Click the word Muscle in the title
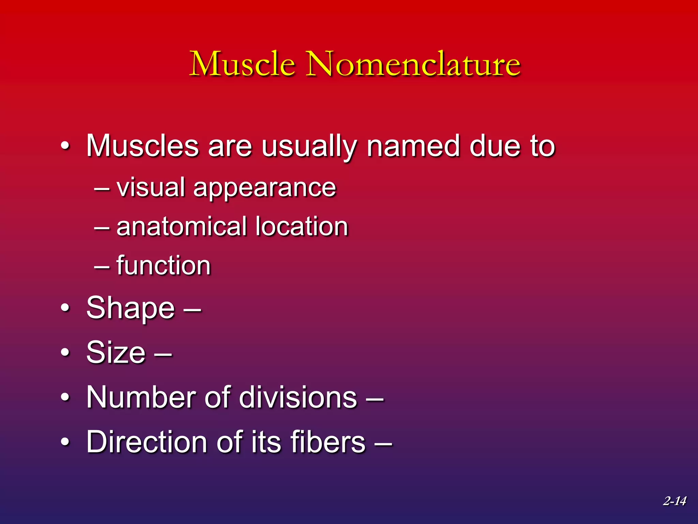pos(242,64)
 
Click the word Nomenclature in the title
pos(413,64)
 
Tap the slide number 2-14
pos(674,501)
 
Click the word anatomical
pos(182,227)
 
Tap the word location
pos(302,227)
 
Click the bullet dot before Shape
pos(65,308)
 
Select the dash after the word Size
pos(163,354)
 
